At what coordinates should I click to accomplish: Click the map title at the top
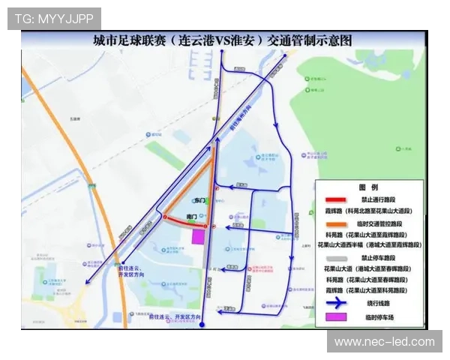tap(222, 41)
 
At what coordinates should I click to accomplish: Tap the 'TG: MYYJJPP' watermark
tap(54, 19)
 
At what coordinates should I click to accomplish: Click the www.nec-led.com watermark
tap(384, 342)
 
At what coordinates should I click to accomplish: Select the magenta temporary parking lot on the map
tap(199, 237)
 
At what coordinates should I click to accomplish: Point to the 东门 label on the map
tap(199, 201)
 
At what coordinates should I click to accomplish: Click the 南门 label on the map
tap(191, 217)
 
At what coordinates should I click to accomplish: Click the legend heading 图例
tap(367, 187)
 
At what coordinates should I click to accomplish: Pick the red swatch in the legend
tap(335, 200)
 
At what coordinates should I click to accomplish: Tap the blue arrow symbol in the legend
tap(335, 302)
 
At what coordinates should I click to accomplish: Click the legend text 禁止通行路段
tap(379, 200)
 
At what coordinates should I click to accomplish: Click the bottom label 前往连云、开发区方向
tap(170, 318)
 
